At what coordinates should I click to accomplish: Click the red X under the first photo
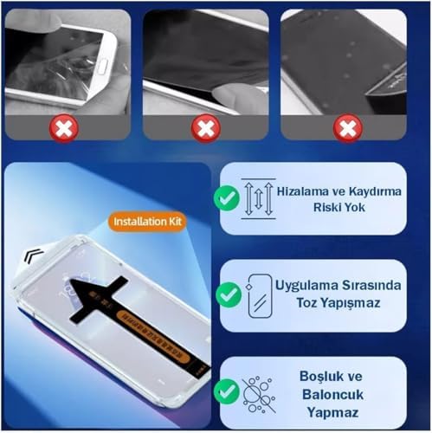pyautogui.click(x=66, y=129)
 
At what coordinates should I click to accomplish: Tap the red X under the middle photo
pyautogui.click(x=206, y=129)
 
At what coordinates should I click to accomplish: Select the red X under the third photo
pyautogui.click(x=347, y=129)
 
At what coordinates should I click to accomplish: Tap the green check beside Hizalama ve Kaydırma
pyautogui.click(x=228, y=198)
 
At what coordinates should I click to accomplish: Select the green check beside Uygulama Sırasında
pyautogui.click(x=229, y=294)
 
